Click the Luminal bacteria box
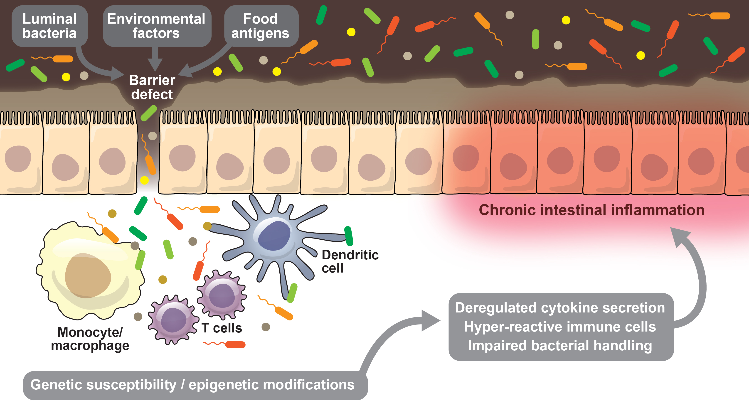49,26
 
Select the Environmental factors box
156,26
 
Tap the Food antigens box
261,26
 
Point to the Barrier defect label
152,87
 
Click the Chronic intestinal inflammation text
591,210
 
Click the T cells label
222,328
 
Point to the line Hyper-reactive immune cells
560,327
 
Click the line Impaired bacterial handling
560,346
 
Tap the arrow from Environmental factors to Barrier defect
155,58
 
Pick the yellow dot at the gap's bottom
145,180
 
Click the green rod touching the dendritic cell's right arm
349,236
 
